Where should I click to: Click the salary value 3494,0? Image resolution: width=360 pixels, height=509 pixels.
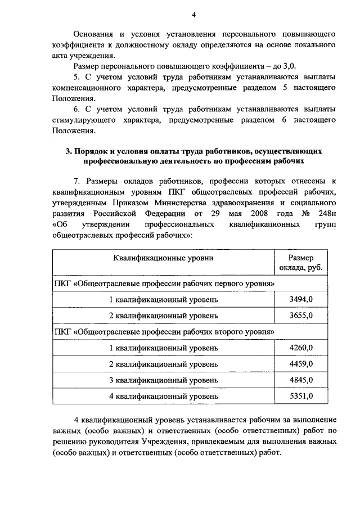click(300, 299)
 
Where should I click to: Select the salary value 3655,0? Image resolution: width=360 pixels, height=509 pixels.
click(300, 316)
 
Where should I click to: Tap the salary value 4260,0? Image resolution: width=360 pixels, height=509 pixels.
click(300, 348)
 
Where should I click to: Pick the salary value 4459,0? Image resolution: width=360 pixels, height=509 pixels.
click(300, 364)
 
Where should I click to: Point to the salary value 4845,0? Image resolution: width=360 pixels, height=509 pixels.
click(300, 380)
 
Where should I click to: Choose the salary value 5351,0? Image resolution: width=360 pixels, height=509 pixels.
click(300, 397)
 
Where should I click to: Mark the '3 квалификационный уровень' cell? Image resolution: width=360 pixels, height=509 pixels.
click(163, 380)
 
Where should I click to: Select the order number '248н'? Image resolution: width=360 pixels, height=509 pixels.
click(325, 214)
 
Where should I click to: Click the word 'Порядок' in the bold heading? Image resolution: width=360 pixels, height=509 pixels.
click(92, 152)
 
